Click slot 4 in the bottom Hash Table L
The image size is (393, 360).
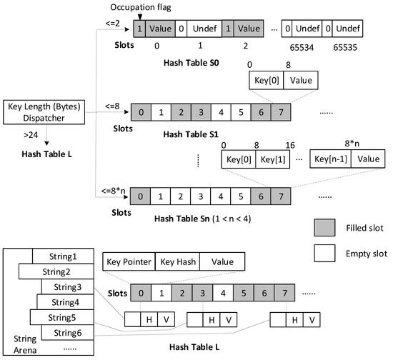coord(224,292)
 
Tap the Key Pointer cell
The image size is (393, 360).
coord(129,262)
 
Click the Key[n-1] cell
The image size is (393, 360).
coord(331,159)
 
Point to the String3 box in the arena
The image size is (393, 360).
coord(60,286)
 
